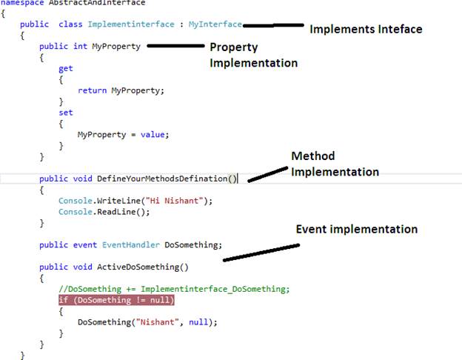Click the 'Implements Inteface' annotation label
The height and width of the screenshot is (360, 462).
point(365,30)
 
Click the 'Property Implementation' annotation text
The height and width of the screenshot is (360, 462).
point(253,55)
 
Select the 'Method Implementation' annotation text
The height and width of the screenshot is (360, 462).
point(335,164)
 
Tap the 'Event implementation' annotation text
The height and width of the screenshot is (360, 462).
point(357,229)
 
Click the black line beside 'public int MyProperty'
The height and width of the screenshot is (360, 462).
point(175,47)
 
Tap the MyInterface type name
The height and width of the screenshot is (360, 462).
point(215,24)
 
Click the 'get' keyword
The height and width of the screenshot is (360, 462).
point(65,68)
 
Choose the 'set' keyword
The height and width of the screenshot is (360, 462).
point(65,113)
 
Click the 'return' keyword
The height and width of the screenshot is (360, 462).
point(92,90)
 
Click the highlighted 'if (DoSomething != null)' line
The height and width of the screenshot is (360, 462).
point(117,300)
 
